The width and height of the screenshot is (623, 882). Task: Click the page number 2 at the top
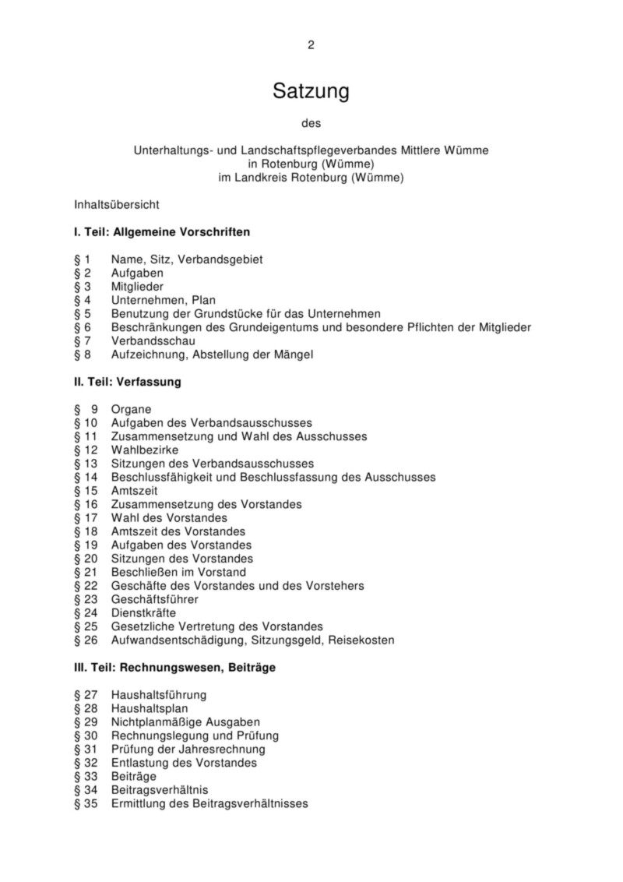click(311, 45)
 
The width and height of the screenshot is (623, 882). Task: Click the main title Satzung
click(311, 92)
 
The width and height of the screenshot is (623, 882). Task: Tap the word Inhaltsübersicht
click(117, 206)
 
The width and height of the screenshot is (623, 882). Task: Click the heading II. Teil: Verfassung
click(127, 382)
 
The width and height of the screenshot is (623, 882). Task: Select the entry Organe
click(131, 409)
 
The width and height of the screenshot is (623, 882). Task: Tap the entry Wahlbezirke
click(145, 450)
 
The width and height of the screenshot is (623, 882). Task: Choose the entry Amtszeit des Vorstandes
click(178, 531)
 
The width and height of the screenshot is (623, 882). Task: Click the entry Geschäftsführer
click(154, 599)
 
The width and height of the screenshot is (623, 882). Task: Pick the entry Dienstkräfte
click(143, 613)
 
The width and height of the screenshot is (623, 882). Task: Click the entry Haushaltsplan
click(150, 708)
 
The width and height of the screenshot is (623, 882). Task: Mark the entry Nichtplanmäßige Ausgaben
click(185, 722)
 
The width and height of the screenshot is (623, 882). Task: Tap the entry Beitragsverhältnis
click(160, 790)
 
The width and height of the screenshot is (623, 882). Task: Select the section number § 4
click(83, 300)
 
